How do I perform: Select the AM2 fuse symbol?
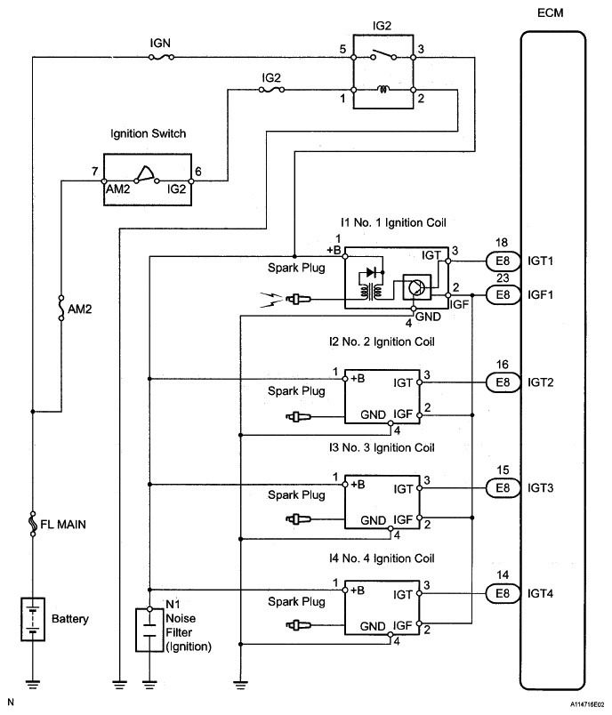tap(60, 309)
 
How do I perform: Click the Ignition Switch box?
tap(148, 179)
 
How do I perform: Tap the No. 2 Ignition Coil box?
tap(382, 396)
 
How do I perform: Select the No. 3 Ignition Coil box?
tap(382, 502)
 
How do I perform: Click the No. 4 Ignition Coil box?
tap(382, 607)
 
